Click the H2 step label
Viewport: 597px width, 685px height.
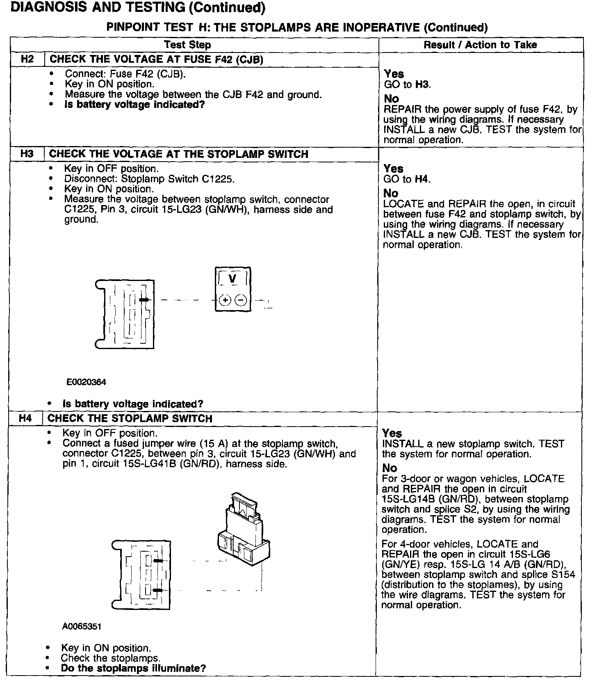coord(27,59)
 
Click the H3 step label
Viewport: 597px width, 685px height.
coord(27,154)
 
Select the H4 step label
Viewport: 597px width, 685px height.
coord(25,419)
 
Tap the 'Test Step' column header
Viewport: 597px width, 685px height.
coord(187,45)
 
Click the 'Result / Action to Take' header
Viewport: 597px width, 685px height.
coord(480,45)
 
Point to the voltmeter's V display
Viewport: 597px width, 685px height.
coord(232,279)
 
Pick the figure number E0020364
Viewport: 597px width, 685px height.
coord(86,382)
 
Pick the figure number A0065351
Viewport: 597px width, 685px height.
coord(82,627)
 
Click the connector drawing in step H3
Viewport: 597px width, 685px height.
coord(125,314)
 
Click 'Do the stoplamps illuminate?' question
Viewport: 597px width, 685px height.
coord(133,668)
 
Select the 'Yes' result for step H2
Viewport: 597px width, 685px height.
coord(394,74)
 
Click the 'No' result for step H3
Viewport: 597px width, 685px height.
coord(391,193)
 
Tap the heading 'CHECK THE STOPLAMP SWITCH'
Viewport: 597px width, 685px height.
coord(130,419)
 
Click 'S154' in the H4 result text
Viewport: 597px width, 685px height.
coord(563,575)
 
